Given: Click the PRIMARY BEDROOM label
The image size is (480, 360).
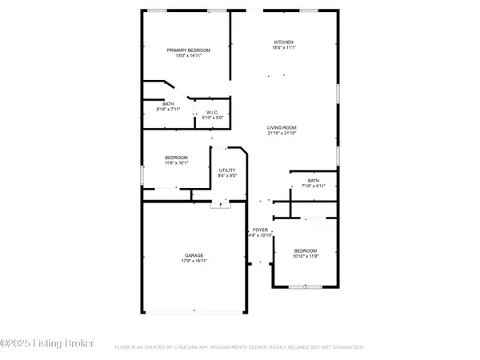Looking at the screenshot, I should (183, 50).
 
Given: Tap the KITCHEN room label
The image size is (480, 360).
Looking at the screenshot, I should (284, 42).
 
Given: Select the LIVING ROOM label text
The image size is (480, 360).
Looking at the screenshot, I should (282, 127).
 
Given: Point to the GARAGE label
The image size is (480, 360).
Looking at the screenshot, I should (194, 255).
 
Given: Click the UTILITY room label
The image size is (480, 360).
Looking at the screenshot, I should (227, 170).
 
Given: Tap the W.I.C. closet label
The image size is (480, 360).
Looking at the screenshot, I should (212, 112).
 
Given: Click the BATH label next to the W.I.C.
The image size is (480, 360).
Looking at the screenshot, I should (169, 103).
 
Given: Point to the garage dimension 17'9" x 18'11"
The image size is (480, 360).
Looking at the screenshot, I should (194, 261).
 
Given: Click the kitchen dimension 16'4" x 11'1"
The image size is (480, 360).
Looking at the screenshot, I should (284, 47).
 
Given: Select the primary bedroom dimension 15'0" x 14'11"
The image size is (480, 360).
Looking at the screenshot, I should (183, 55).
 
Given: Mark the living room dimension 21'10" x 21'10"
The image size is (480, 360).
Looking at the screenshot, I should (282, 133).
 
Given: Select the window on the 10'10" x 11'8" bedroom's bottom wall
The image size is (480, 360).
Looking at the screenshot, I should (306, 286).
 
